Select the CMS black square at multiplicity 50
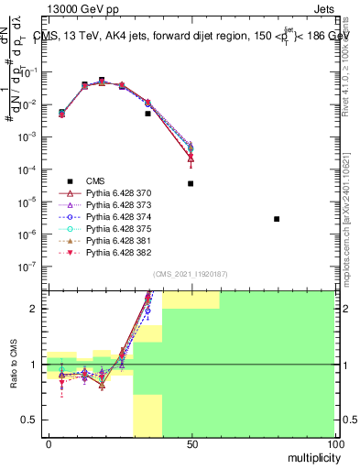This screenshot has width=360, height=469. click(191, 183)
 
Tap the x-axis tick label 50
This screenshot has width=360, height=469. click(191, 443)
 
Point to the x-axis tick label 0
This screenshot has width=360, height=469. click(49, 443)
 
